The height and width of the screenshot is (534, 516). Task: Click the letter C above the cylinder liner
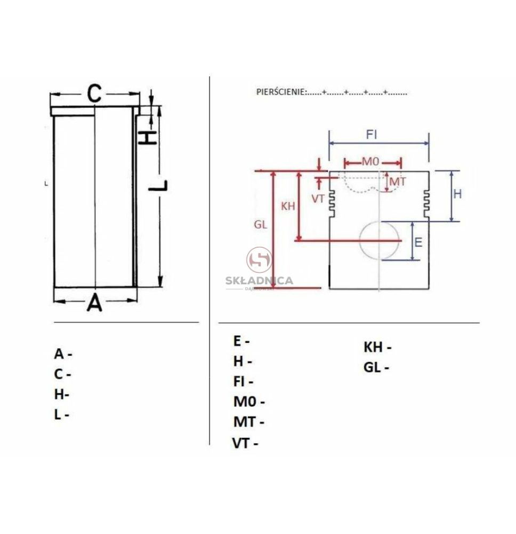click(x=94, y=93)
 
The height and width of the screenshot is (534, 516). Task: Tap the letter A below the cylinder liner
click(x=94, y=302)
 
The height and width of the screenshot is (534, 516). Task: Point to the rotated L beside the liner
click(x=158, y=185)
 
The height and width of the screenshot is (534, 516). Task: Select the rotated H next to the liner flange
click(x=147, y=138)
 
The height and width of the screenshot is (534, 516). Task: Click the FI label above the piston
click(x=372, y=135)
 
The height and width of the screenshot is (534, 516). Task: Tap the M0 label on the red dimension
click(x=370, y=161)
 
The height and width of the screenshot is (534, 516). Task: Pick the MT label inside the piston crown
click(x=397, y=182)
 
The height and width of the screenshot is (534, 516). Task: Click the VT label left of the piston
click(x=318, y=199)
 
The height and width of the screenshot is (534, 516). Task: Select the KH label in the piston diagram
click(x=288, y=206)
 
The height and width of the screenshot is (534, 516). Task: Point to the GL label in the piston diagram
click(x=260, y=225)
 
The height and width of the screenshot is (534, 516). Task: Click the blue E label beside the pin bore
click(x=418, y=242)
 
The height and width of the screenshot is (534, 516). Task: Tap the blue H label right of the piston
click(x=457, y=194)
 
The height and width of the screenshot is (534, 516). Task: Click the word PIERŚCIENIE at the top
click(x=281, y=92)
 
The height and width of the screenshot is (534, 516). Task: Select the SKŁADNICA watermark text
click(x=259, y=281)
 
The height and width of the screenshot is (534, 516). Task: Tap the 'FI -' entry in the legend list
click(x=243, y=381)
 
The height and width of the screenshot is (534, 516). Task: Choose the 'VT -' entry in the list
click(x=245, y=443)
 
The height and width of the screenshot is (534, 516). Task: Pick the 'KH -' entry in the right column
click(x=377, y=348)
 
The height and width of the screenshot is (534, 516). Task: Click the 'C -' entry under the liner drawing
click(x=62, y=374)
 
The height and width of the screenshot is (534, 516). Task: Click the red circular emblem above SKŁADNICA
click(x=260, y=260)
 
